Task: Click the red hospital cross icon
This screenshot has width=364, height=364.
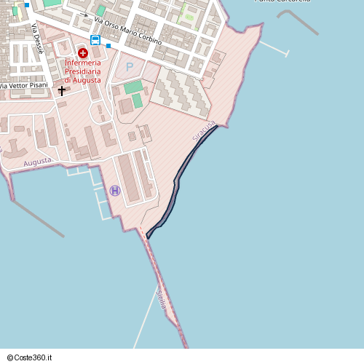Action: tap(83, 53)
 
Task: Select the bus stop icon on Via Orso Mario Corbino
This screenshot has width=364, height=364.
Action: tap(95, 40)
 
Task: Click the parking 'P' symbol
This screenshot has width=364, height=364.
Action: tap(130, 67)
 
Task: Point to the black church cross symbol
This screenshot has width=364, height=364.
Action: tap(62, 91)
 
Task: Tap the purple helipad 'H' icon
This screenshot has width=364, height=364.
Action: tap(115, 191)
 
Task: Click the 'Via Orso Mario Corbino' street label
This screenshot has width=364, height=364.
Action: tap(127, 29)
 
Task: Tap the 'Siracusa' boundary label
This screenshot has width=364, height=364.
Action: tap(204, 131)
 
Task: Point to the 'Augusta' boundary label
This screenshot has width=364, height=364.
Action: tap(37, 162)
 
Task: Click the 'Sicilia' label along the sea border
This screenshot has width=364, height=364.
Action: tap(161, 299)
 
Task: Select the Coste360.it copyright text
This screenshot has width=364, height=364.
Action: tap(30, 357)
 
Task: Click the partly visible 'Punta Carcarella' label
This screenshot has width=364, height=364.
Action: tap(282, 1)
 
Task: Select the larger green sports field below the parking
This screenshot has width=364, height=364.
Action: tap(133, 87)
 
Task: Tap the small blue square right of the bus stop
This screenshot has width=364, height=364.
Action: tap(108, 46)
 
